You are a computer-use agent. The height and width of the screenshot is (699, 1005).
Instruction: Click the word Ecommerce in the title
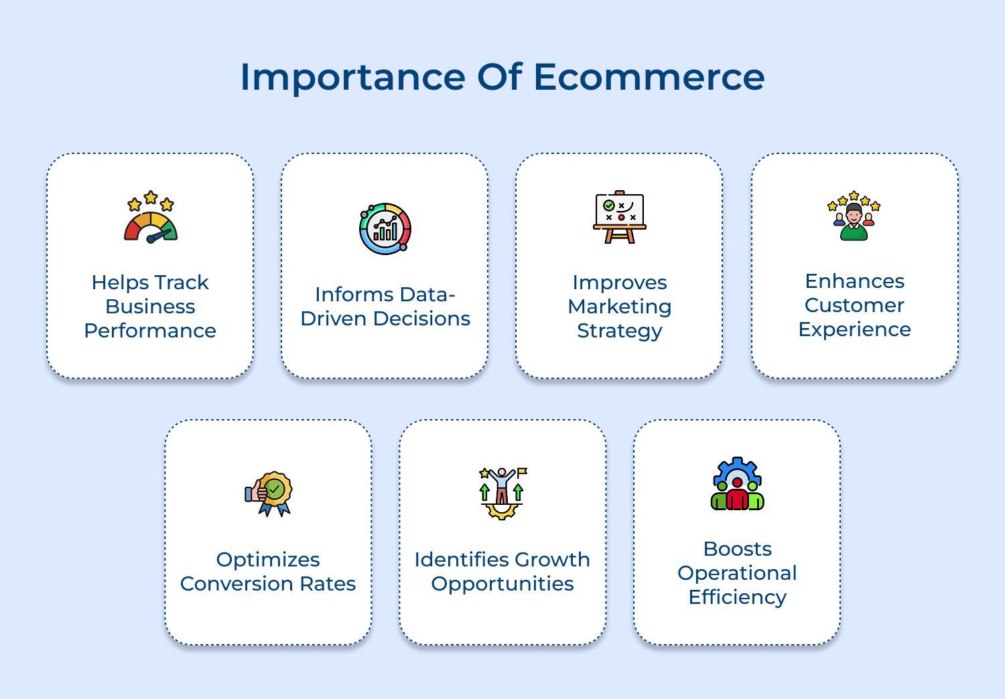pos(649,77)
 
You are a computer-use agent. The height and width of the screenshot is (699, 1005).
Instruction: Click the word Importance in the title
pos(352,77)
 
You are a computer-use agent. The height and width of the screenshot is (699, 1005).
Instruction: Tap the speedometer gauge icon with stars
pos(151,218)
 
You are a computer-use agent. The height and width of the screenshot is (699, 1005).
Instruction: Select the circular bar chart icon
pos(385,229)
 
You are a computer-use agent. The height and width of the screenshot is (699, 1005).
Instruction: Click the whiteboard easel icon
pos(620,217)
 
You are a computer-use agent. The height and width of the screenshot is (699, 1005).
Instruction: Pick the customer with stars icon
pos(854,216)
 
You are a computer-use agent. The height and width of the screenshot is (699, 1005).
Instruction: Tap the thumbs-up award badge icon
pos(269,494)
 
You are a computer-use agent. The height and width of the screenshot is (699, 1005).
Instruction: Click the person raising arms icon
pos(503,493)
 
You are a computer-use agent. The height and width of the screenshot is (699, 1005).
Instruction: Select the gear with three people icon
pos(737,485)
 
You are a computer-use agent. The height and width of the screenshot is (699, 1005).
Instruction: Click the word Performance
pos(150,331)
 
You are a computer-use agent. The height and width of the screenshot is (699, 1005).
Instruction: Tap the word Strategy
pos(620,331)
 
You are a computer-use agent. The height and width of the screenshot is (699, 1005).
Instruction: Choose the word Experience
pos(854,330)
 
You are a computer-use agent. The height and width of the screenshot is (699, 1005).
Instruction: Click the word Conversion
pos(237,584)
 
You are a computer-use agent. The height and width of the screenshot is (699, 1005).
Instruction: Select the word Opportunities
pos(503,585)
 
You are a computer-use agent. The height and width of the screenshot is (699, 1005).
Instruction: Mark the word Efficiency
pos(737,597)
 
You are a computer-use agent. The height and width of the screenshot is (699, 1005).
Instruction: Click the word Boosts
pos(737,549)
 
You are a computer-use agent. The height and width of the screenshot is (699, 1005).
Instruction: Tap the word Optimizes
pos(268,560)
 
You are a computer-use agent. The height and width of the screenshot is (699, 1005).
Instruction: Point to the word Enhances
pos(854,281)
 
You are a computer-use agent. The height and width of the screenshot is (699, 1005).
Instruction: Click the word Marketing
pos(620,307)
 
